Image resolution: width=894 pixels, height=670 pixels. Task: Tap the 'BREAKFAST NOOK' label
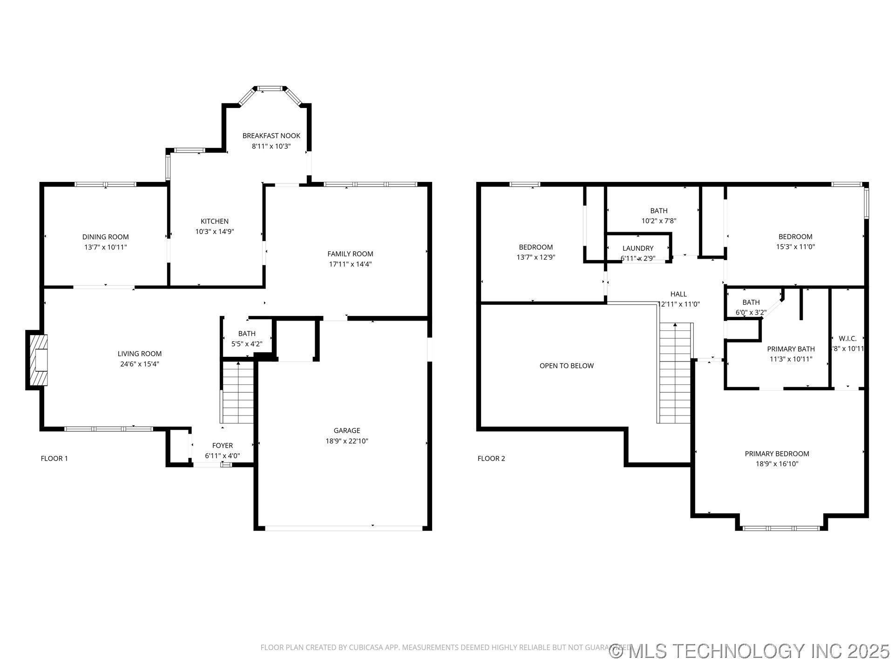click(271, 136)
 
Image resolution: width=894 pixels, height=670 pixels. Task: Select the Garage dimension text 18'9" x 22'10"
click(346, 441)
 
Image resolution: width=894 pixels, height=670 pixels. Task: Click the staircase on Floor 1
click(238, 393)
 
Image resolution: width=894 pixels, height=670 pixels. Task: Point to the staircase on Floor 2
click(675, 372)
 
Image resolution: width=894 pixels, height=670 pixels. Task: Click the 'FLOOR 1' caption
click(54, 458)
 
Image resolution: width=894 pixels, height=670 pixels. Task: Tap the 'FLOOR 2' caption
click(491, 458)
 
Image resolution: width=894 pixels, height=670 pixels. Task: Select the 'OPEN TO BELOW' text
click(566, 366)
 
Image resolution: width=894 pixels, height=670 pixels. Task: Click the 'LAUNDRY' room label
click(637, 248)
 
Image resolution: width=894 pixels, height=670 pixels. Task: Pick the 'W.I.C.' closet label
click(847, 339)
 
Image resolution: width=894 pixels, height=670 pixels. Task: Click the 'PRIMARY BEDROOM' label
click(777, 454)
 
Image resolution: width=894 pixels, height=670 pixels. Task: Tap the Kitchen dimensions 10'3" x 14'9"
click(214, 231)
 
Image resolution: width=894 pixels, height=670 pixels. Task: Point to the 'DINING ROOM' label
click(105, 237)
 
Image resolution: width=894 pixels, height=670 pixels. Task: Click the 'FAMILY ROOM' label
click(350, 254)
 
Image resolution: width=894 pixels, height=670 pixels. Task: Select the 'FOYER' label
click(222, 446)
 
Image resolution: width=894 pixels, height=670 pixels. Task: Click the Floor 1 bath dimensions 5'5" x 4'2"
click(247, 344)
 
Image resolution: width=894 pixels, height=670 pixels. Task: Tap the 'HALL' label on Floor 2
click(678, 294)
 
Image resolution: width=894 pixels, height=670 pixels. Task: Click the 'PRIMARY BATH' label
click(791, 349)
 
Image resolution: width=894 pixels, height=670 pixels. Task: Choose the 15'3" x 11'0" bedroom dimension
click(795, 247)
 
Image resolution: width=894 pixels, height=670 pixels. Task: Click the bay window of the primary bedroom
click(781, 528)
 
